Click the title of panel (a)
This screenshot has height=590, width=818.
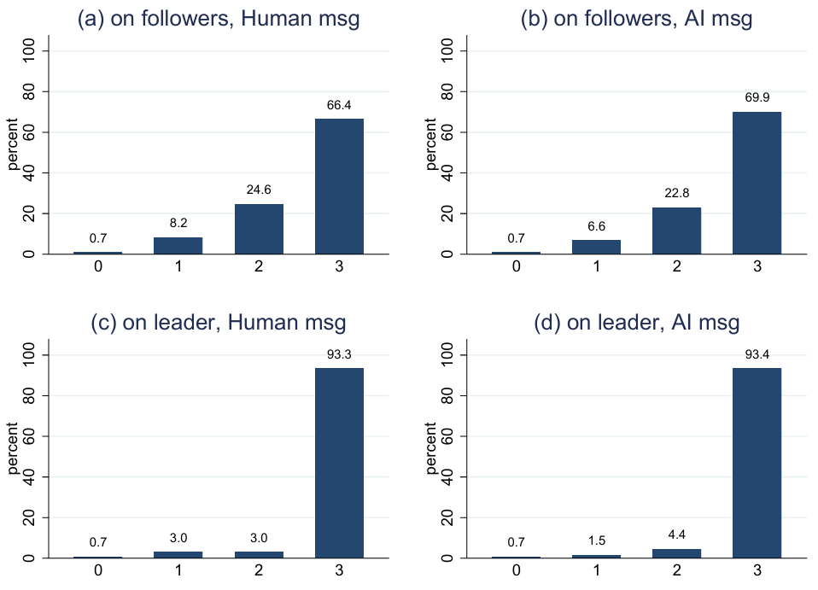(x=219, y=20)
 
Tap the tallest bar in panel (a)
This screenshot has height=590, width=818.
(x=339, y=186)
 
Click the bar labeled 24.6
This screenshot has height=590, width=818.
(x=259, y=229)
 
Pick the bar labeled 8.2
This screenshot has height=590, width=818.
(x=178, y=245)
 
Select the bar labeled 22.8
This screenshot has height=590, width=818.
(x=676, y=231)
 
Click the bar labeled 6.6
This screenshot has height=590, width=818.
(x=596, y=247)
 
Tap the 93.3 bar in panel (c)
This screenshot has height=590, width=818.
(x=339, y=463)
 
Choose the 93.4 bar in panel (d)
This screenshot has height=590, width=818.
(x=757, y=463)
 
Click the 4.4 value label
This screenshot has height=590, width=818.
(x=676, y=536)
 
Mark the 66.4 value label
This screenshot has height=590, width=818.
(x=339, y=105)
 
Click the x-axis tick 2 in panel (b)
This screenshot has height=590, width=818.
(x=676, y=266)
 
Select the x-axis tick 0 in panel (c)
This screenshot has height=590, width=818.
(x=98, y=570)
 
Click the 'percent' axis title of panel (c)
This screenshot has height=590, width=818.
(x=14, y=456)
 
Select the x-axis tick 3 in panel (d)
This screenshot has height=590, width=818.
(x=757, y=570)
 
